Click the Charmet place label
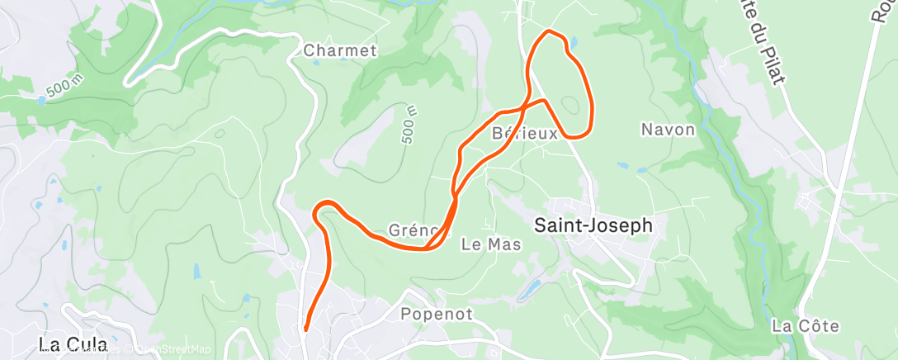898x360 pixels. click(340, 50)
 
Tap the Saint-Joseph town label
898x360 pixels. click(593, 224)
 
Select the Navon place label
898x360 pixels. click(668, 130)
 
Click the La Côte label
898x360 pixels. click(806, 326)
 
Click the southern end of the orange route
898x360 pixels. click(306, 329)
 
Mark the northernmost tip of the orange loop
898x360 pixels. click(549, 31)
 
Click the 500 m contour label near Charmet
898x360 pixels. click(411, 125)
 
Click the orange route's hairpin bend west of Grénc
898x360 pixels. click(319, 209)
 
